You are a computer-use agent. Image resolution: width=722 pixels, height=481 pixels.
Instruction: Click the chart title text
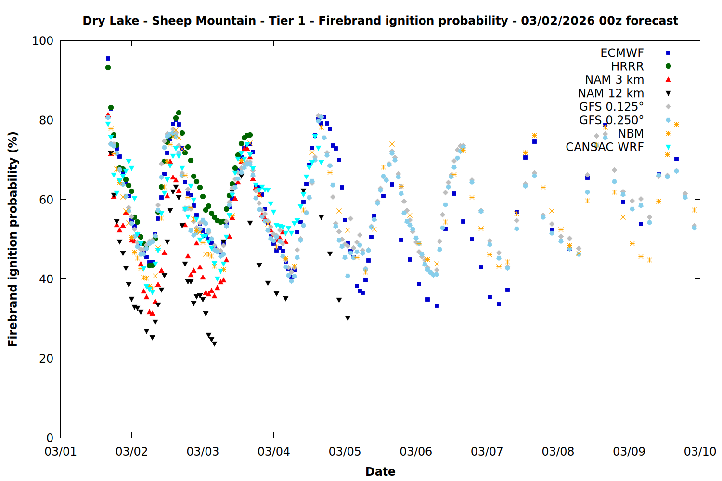(380, 21)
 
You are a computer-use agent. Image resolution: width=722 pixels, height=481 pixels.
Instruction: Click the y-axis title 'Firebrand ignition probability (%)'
(13, 239)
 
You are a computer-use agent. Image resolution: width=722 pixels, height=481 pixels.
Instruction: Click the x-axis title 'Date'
(380, 471)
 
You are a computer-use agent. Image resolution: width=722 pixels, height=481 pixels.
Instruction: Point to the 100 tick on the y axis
(43, 41)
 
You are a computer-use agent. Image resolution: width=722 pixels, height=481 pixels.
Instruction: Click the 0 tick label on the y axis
(50, 438)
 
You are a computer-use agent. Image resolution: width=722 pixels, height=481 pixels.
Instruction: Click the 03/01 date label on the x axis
(61, 452)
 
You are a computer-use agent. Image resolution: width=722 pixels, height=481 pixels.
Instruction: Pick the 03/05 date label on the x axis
(345, 452)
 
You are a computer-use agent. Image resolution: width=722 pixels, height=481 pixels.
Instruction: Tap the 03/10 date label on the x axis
(700, 452)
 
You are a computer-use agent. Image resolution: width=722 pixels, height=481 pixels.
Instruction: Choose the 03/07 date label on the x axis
(487, 452)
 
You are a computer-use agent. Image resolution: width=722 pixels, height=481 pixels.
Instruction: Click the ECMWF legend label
(622, 53)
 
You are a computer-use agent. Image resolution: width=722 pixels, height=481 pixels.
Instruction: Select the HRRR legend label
(627, 66)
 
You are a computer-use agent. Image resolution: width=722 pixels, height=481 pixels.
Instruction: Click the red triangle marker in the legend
(668, 79)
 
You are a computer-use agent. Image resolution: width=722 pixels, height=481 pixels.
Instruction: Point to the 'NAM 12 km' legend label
(611, 93)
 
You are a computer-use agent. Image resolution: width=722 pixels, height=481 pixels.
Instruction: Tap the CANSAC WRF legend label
(605, 147)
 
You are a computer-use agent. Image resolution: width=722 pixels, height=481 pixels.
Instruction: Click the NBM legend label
(631, 134)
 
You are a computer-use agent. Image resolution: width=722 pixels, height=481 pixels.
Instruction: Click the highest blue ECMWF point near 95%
(108, 59)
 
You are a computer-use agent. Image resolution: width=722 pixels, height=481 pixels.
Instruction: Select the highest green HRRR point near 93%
(108, 68)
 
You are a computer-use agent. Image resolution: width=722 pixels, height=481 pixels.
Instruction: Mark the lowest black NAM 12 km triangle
(214, 344)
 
